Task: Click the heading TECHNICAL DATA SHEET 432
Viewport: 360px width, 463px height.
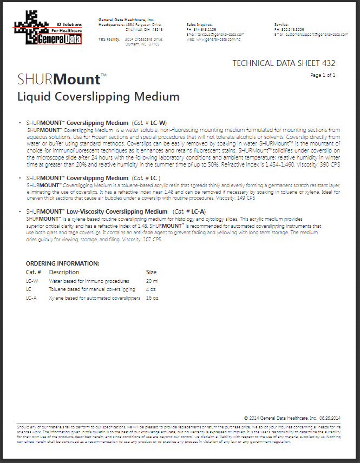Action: click(284, 63)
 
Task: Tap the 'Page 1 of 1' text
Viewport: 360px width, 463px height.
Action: click(323, 75)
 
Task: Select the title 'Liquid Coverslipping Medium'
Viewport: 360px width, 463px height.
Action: click(99, 97)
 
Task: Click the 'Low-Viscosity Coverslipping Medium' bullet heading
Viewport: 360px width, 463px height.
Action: click(125, 211)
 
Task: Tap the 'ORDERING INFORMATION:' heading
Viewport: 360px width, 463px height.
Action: click(63, 263)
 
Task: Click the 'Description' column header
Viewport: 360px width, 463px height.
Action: click(64, 272)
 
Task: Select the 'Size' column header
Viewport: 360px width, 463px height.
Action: click(152, 272)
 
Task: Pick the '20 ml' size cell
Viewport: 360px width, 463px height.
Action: click(152, 281)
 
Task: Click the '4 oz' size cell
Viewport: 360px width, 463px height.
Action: click(151, 289)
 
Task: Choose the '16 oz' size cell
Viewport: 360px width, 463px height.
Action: click(152, 298)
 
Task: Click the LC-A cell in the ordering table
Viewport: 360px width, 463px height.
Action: click(31, 298)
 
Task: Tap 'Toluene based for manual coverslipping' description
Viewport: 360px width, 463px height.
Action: click(92, 289)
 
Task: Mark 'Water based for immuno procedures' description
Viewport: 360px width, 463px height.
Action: click(89, 281)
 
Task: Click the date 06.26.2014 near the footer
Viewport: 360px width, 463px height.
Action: click(330, 418)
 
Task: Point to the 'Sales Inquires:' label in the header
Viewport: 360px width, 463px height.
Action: click(199, 25)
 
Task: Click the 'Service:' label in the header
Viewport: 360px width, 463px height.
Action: click(281, 25)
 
